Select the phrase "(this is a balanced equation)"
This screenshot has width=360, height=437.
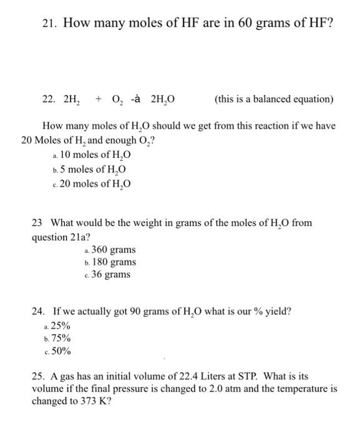(x=274, y=99)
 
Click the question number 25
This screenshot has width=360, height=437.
(x=38, y=377)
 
